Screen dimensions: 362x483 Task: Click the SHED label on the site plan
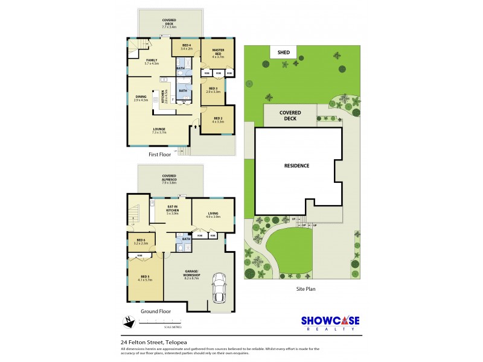pos(284,52)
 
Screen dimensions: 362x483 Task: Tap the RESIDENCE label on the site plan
pos(296,165)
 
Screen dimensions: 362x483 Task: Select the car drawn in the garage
pos(219,288)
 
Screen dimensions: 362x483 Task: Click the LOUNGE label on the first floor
pos(159,130)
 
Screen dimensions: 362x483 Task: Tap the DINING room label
pos(141,98)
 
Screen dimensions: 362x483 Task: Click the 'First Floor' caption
pos(159,154)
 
